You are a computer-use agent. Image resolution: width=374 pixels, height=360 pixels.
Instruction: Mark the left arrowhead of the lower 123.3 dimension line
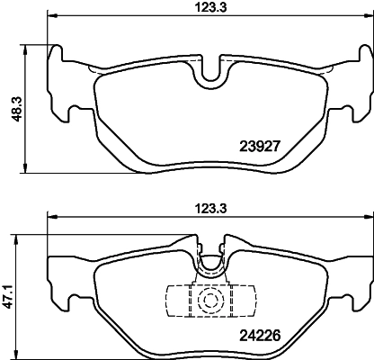point(51,217)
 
